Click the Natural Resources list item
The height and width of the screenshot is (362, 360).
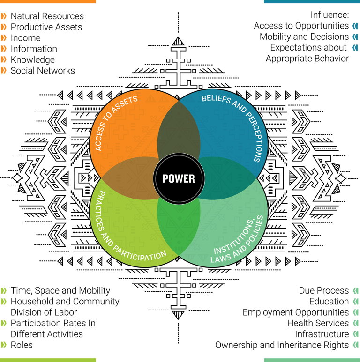coord(47,16)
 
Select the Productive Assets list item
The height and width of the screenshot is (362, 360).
coord(46,27)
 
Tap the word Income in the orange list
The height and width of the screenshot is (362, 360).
coord(25,38)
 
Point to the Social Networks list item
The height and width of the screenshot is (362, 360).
coord(43,71)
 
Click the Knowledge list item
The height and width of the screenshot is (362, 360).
coord(32,60)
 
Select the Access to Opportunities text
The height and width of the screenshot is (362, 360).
coord(301,26)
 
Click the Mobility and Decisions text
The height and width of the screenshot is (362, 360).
coord(304,37)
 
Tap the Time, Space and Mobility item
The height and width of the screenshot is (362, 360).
coord(60,290)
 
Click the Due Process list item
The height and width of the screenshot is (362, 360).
coord(323,290)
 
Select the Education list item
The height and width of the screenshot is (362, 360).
coord(329,302)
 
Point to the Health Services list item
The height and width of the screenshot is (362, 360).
coord(318,323)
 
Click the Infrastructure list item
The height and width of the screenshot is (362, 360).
coord(322,334)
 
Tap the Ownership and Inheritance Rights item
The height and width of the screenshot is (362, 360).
coord(282,345)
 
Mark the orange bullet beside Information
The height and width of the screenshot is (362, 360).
coord(4,49)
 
